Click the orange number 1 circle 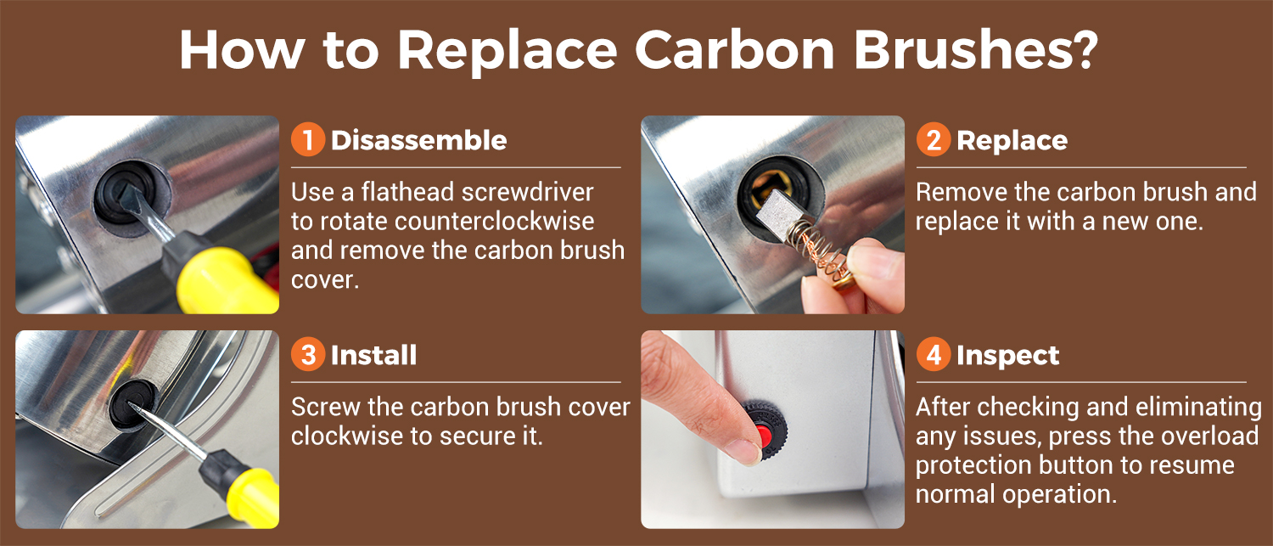click(308, 140)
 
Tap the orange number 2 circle click(934, 140)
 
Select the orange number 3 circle click(308, 354)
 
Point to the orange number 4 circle click(934, 354)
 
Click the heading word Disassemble click(419, 140)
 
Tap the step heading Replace click(1012, 141)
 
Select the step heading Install click(374, 355)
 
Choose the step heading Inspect click(1008, 356)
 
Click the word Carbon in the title click(734, 50)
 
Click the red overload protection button click(765, 436)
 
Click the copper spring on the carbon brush click(818, 250)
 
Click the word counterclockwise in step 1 click(494, 222)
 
